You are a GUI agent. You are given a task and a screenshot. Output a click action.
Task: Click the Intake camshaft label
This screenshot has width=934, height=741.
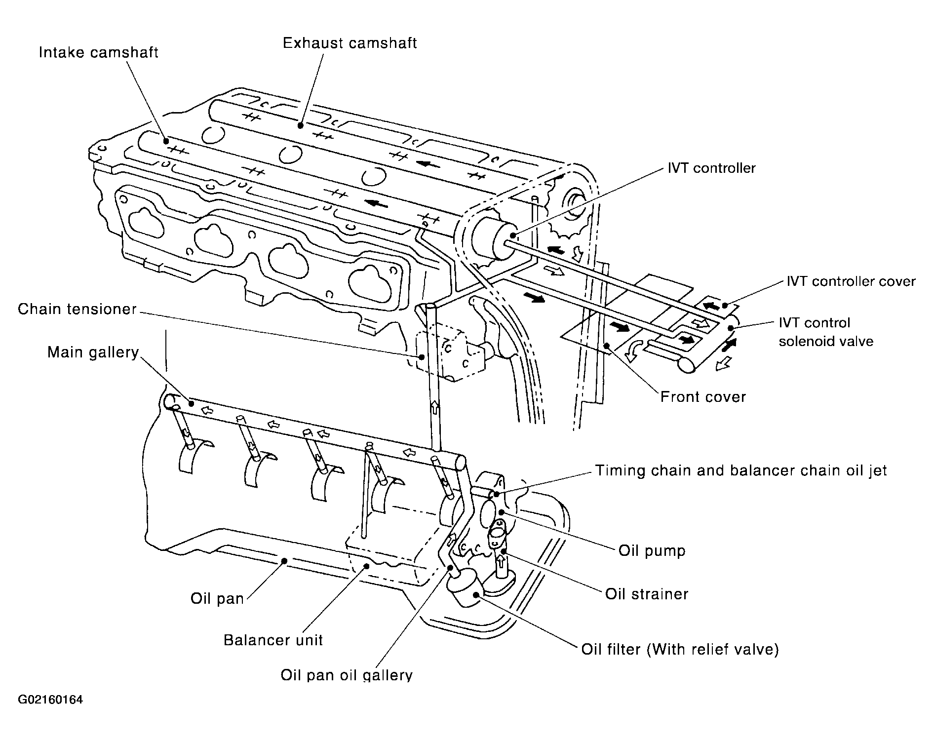click(x=99, y=53)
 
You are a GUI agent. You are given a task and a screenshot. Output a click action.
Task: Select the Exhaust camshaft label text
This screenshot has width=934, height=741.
click(x=350, y=43)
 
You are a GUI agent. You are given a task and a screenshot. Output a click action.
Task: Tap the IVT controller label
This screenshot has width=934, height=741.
click(x=711, y=168)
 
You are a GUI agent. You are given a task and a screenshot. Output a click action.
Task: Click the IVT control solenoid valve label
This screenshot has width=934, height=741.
click(x=826, y=332)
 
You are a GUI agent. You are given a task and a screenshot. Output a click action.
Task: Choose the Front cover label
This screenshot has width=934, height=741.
click(x=703, y=397)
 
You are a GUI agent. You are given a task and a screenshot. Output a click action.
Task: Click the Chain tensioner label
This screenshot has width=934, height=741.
click(x=77, y=309)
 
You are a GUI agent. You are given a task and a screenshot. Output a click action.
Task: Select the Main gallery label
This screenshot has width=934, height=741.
click(x=93, y=352)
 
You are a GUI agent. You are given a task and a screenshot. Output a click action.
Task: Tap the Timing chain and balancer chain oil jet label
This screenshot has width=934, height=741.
click(x=741, y=470)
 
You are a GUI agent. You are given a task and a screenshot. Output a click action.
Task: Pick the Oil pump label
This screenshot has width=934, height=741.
click(x=652, y=550)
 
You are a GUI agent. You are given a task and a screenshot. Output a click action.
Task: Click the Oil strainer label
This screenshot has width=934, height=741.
click(x=647, y=593)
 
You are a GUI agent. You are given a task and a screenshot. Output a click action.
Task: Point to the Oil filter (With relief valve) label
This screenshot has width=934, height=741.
click(x=680, y=649)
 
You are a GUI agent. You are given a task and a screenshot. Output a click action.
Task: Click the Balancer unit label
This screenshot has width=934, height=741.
click(x=273, y=640)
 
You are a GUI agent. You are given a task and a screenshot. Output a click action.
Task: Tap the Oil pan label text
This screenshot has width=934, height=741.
click(x=217, y=599)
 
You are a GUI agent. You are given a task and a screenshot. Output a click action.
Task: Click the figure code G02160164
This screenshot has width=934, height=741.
click(x=51, y=700)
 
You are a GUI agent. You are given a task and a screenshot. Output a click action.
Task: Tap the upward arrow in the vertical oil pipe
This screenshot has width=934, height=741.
click(x=435, y=408)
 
